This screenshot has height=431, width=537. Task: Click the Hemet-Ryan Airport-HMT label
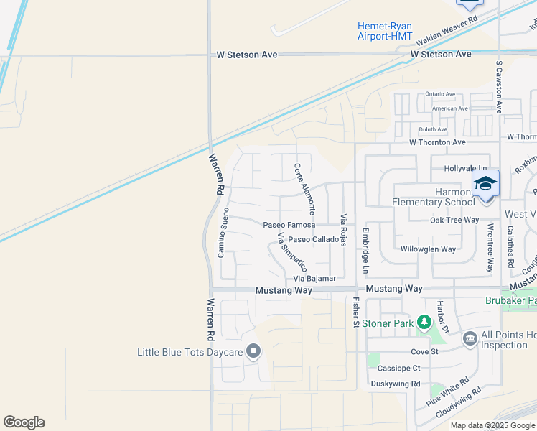(x=384, y=32)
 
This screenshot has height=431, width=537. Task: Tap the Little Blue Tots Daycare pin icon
(x=253, y=351)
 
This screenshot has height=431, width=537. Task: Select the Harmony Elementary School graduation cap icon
(x=485, y=183)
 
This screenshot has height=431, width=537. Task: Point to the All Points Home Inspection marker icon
(x=470, y=338)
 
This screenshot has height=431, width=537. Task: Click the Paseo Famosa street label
(x=289, y=225)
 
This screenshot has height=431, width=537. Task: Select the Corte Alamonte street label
(x=304, y=189)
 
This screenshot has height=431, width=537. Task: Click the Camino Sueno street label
(x=225, y=233)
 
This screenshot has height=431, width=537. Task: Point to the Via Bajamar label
(x=314, y=278)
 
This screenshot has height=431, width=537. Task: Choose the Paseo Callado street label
(x=313, y=239)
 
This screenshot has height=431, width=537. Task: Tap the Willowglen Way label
(x=428, y=249)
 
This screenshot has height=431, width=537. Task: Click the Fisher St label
(x=355, y=313)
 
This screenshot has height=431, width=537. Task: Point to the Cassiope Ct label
(x=398, y=368)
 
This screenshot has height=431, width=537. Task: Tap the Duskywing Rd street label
(x=395, y=384)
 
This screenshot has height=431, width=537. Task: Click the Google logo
(x=24, y=422)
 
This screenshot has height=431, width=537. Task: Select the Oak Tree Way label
(x=454, y=220)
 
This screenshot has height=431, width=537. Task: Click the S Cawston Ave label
(x=499, y=86)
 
